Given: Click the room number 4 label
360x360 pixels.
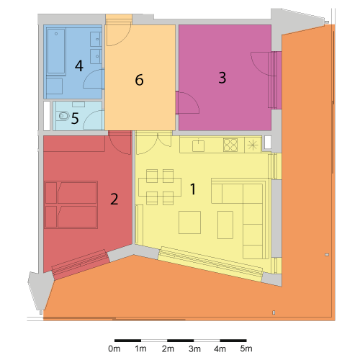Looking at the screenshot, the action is pos(79,66).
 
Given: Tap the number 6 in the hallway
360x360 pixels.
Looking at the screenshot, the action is pos(139,80).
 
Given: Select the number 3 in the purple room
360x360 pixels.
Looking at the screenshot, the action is pos(222,78).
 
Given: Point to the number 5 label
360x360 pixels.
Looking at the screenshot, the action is pos(75,118).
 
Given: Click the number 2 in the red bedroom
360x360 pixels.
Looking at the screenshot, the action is pos(114,199).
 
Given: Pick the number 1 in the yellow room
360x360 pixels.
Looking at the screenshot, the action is pos(193,189).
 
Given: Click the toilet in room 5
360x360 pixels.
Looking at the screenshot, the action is pos(63,116).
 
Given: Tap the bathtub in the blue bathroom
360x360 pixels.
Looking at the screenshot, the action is pos(56,51).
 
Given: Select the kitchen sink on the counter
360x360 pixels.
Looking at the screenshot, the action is pos(198,145).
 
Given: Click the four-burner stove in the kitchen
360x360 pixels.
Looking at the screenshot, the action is pos(230,145).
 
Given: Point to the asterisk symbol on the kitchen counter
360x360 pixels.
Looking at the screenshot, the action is pos(253,145).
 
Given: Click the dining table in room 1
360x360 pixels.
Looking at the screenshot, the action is pos(160,187).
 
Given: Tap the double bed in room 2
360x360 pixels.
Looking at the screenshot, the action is pos(71,204).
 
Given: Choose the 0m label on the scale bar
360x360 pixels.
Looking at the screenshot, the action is pos(114,348).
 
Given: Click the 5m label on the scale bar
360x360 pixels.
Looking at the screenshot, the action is pos(246,348).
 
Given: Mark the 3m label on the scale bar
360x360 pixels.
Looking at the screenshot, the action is pos(194,348).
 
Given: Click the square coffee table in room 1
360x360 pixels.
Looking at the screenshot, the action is pos(189,222).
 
